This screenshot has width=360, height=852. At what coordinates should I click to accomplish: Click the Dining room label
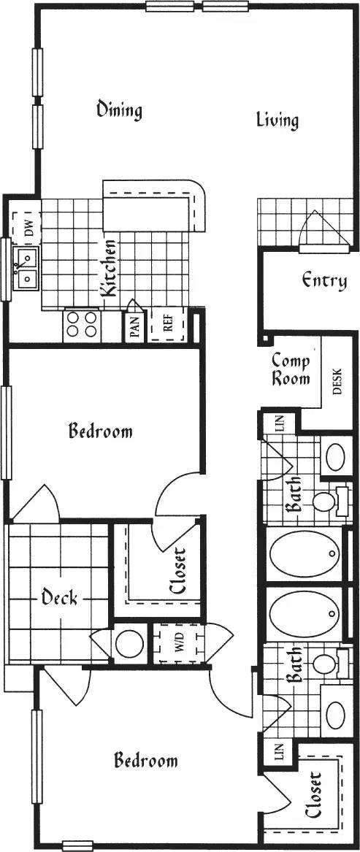(x=119, y=110)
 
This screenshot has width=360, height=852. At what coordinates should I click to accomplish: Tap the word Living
(x=277, y=120)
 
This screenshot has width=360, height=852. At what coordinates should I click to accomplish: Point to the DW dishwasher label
(x=28, y=229)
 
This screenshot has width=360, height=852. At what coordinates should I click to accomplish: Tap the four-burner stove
(x=82, y=325)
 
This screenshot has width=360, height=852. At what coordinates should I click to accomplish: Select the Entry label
(x=323, y=280)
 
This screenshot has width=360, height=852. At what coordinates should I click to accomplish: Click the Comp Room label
(x=291, y=369)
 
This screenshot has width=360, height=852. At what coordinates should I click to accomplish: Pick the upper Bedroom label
(x=100, y=431)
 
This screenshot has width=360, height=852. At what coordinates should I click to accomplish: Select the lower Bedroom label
(x=145, y=761)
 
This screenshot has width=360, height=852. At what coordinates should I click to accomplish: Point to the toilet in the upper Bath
(x=323, y=502)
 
